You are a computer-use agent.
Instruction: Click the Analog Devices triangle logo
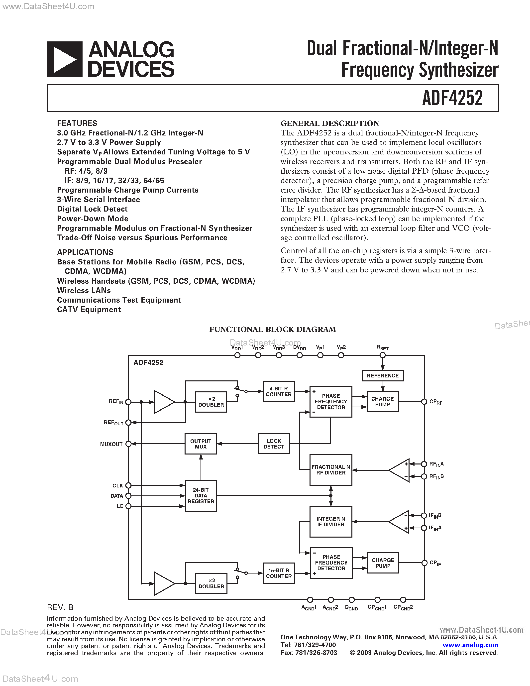65,59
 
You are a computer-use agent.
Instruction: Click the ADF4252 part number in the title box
452,98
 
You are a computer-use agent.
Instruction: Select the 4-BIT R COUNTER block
279,391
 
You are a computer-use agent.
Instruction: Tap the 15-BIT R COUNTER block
279,573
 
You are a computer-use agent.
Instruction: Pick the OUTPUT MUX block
201,444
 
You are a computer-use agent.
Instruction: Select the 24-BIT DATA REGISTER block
201,496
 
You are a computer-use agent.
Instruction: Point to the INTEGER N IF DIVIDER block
331,522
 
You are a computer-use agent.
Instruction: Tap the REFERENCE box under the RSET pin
382,376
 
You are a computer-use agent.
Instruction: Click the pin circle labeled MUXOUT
128,444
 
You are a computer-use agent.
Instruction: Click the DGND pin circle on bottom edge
352,600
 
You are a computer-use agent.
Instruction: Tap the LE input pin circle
128,506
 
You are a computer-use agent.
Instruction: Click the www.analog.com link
470,645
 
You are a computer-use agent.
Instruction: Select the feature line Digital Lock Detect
92,209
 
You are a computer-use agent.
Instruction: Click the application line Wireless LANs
84,291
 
